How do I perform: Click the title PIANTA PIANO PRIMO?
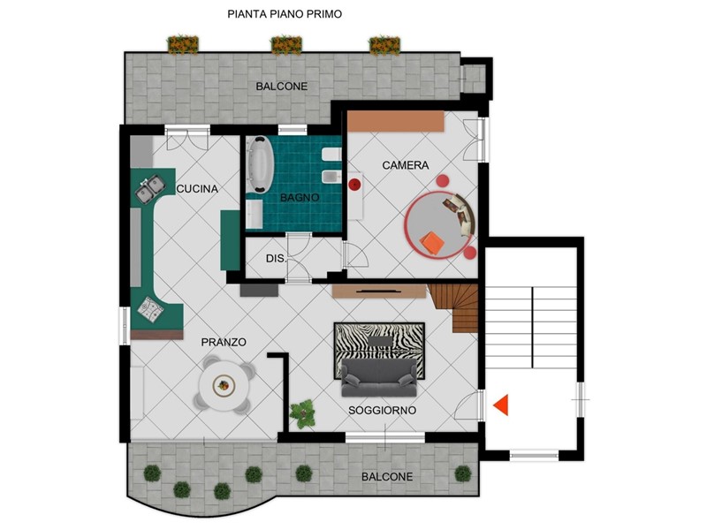point(285,14)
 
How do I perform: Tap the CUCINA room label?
point(197,189)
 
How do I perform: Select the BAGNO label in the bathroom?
point(300,197)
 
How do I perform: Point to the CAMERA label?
point(406,165)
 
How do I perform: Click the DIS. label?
point(276,259)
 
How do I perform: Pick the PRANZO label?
point(224,342)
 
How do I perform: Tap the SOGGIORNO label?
point(383,411)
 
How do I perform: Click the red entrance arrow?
point(501,405)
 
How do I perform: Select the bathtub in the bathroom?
point(260,165)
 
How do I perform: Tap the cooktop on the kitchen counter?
point(150,309)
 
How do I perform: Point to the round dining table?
point(224,386)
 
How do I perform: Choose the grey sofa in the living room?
point(379,377)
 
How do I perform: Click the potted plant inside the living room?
point(302,413)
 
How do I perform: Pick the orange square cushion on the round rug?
point(432,244)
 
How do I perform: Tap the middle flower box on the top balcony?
point(285,45)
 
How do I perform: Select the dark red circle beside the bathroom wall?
point(355,184)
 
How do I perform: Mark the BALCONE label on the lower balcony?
point(387,476)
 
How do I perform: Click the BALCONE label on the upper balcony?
point(282,86)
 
